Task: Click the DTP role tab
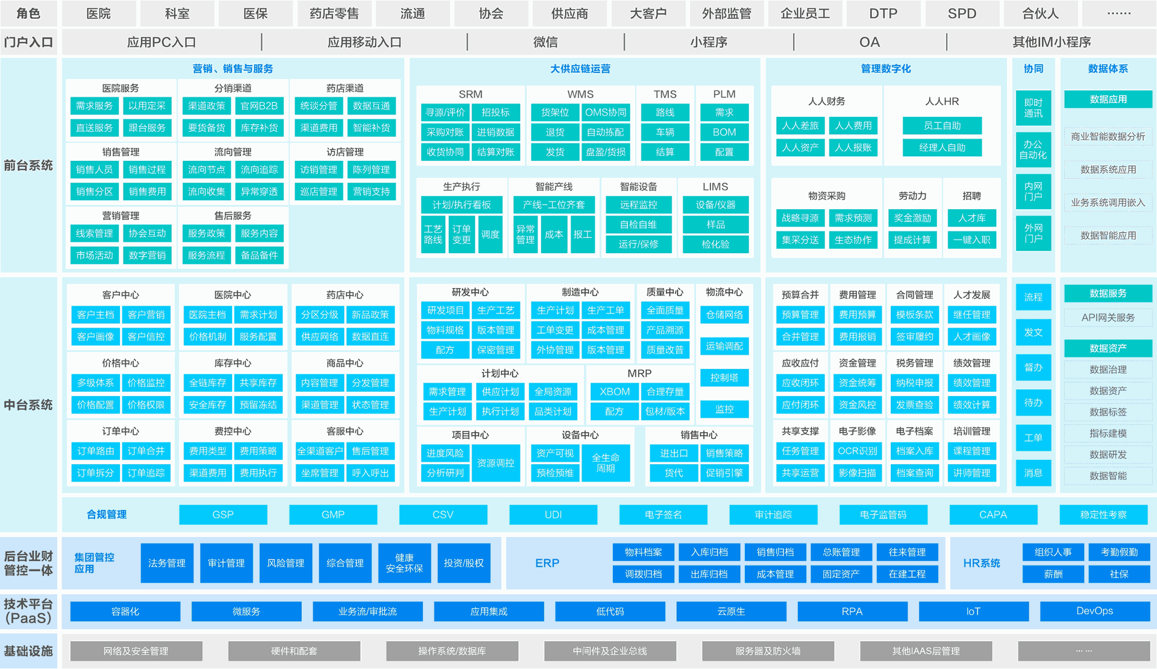883,13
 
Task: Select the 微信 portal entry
545,42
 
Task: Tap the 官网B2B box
259,105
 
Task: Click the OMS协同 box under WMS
606,112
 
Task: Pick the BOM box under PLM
724,132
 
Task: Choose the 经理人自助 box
942,147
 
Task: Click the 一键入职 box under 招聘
972,239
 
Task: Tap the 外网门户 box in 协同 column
1033,233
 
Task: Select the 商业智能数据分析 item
1108,136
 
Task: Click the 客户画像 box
95,336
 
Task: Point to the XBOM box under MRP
614,391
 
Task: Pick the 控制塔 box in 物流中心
724,377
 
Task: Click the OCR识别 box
858,450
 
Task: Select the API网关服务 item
1108,317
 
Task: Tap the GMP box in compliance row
333,515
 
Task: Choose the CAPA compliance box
993,515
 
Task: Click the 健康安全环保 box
404,563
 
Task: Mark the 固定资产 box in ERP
841,574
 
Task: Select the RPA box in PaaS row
852,611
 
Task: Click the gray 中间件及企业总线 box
610,651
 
